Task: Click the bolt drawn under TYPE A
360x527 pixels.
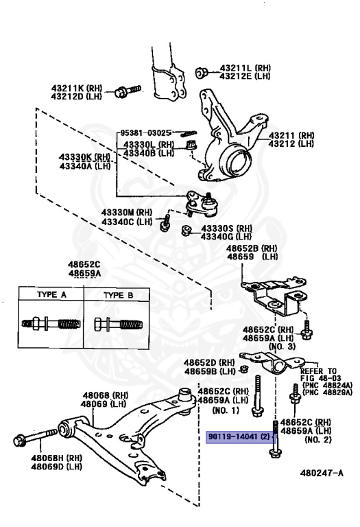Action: pyautogui.click(x=48, y=323)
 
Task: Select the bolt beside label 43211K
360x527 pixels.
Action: pyautogui.click(x=128, y=91)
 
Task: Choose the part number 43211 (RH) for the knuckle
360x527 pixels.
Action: pyautogui.click(x=291, y=135)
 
